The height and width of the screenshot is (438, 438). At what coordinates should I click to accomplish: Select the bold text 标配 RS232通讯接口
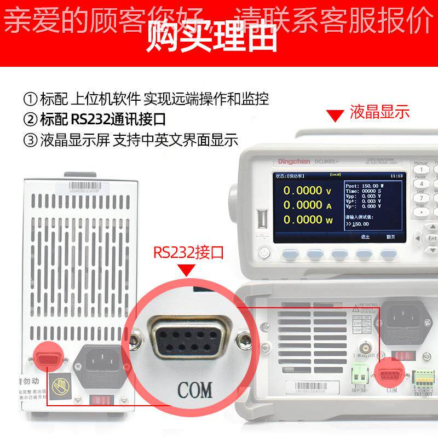point(103,119)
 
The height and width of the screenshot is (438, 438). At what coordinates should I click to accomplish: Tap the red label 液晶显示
point(379,112)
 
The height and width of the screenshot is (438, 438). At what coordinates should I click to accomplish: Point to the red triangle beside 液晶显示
point(332,116)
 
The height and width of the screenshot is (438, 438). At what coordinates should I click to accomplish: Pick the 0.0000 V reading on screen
point(307,191)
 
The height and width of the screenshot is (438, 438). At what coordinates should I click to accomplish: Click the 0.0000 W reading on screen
point(307,220)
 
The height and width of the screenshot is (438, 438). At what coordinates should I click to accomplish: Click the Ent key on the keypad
point(432,239)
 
